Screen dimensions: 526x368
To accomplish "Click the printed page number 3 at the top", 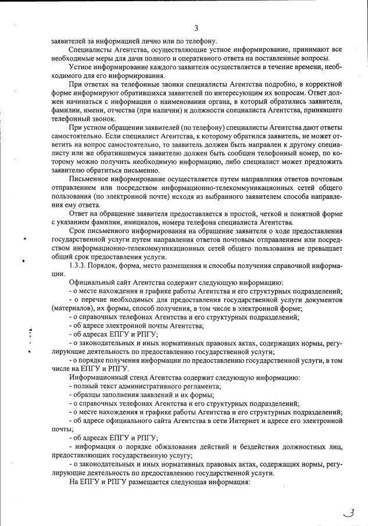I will [x=196, y=28].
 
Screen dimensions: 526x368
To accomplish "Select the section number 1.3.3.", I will [x=78, y=266].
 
